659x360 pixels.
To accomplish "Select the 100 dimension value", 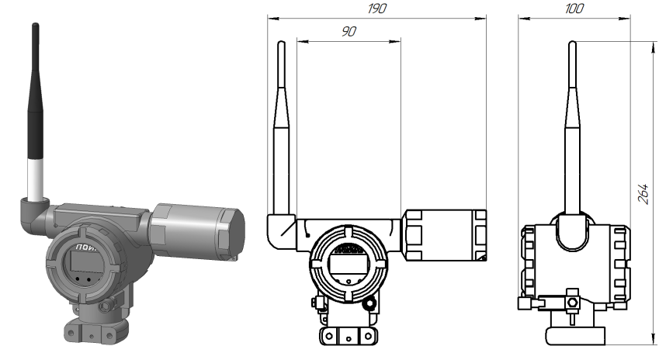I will [574, 7].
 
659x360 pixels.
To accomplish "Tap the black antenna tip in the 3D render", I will [36, 85].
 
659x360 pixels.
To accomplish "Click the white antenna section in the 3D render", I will [35, 177].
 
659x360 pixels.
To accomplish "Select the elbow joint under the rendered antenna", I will [33, 211].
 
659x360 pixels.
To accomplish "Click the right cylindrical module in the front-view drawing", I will [446, 235].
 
